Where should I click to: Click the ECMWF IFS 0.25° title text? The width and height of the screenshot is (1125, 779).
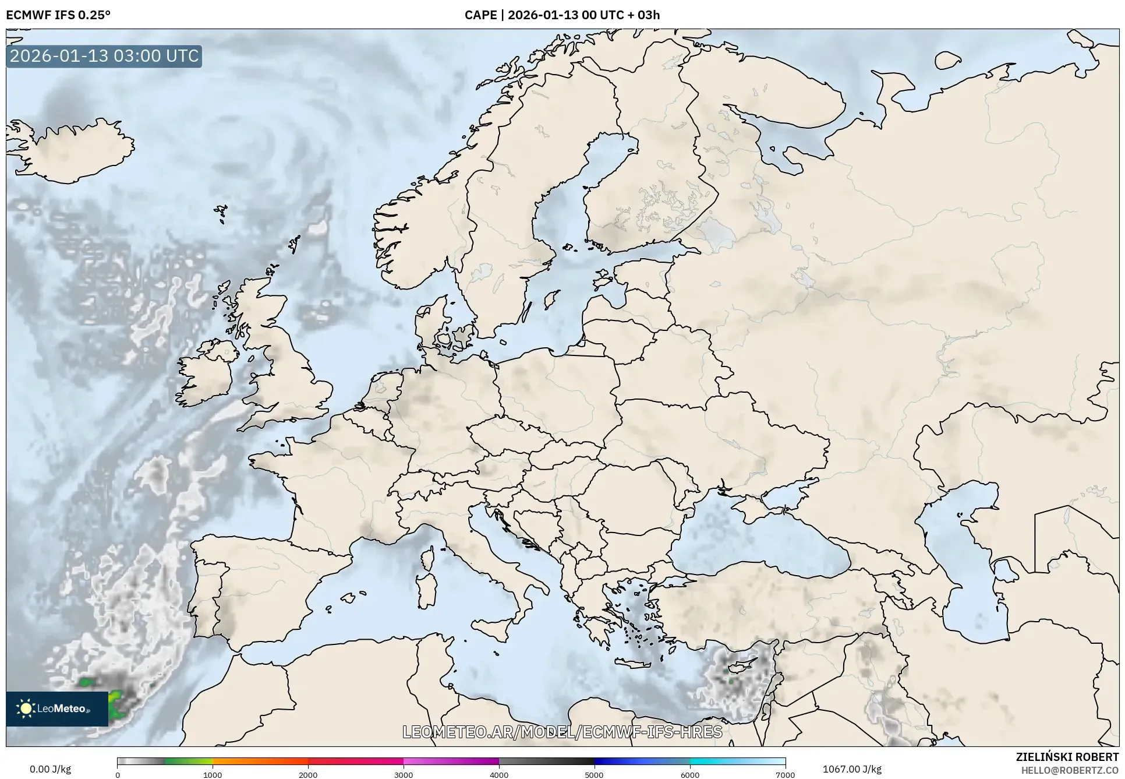point(58,15)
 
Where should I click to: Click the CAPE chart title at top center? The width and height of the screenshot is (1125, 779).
point(562,15)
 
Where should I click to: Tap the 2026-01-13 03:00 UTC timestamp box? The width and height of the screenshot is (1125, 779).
point(104,56)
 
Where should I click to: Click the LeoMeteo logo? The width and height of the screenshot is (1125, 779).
point(56,708)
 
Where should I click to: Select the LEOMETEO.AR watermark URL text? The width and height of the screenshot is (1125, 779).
point(562,732)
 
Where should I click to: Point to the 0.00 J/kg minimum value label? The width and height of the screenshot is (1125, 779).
point(50,769)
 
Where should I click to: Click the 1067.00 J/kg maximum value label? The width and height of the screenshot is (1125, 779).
point(852,769)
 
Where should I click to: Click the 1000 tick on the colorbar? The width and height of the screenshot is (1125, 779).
point(213,774)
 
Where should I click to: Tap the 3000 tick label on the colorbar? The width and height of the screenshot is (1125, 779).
point(404,774)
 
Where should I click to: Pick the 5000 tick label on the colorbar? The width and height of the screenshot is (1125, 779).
point(594,774)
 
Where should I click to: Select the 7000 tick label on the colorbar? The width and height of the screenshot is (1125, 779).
point(785,774)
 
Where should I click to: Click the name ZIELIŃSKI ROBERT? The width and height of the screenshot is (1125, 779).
point(1067,757)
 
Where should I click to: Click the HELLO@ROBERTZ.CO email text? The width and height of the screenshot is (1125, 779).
point(1070,770)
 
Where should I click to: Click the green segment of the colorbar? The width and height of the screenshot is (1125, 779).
point(188,762)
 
